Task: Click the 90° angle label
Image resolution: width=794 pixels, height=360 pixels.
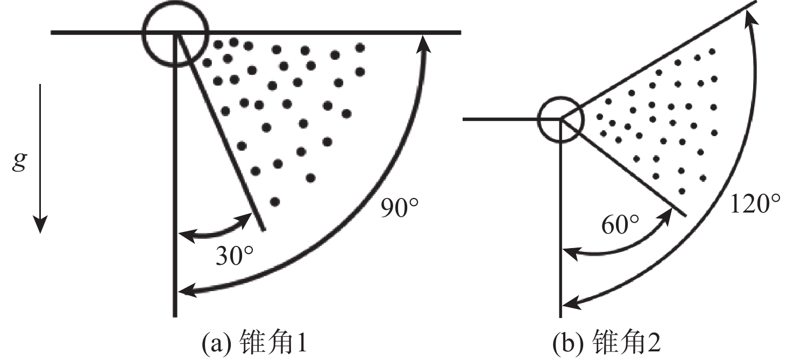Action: [400, 208]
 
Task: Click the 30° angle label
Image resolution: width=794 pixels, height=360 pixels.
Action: [235, 256]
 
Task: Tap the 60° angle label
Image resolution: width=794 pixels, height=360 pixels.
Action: [620, 224]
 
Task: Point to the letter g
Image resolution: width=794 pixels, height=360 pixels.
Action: [19, 163]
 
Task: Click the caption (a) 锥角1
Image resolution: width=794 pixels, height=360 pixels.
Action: [254, 343]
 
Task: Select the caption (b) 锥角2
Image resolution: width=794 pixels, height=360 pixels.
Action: [606, 343]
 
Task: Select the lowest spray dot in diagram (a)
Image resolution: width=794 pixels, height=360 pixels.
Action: [275, 202]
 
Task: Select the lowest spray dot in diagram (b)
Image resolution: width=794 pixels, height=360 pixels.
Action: [682, 191]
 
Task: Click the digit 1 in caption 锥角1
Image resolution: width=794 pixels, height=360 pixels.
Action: [301, 343]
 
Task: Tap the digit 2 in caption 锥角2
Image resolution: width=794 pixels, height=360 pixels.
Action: [654, 343]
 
